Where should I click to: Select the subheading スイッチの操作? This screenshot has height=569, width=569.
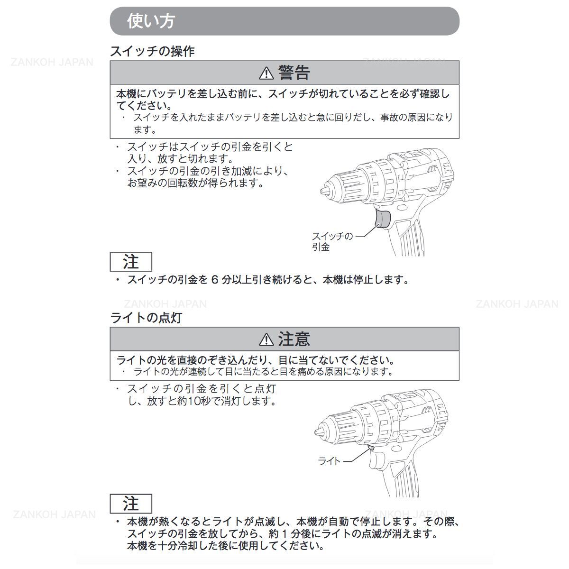(152, 51)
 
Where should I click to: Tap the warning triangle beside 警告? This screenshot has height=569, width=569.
(266, 73)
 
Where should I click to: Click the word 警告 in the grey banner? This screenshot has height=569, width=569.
(294, 73)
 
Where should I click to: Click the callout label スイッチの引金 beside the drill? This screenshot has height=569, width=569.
(332, 241)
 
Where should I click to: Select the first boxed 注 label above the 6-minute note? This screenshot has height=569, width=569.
(131, 262)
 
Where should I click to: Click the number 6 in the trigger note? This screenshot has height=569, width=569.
(213, 280)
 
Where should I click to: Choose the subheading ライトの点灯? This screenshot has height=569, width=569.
(146, 318)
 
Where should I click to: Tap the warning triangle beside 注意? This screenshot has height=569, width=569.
(266, 340)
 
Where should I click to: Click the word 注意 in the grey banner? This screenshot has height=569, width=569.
(294, 340)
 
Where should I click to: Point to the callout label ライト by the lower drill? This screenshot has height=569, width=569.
(329, 460)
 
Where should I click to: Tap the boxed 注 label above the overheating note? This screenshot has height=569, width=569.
(131, 504)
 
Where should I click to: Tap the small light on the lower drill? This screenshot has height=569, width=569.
(371, 447)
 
